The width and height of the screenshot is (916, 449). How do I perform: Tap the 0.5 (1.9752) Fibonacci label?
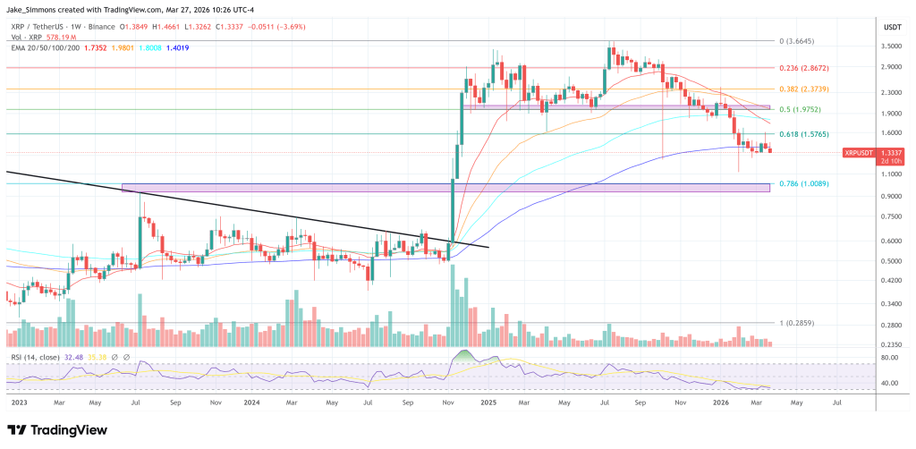(798, 109)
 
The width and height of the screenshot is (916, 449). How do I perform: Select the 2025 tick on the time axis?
(490, 402)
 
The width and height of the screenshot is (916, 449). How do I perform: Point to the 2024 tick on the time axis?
(252, 402)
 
